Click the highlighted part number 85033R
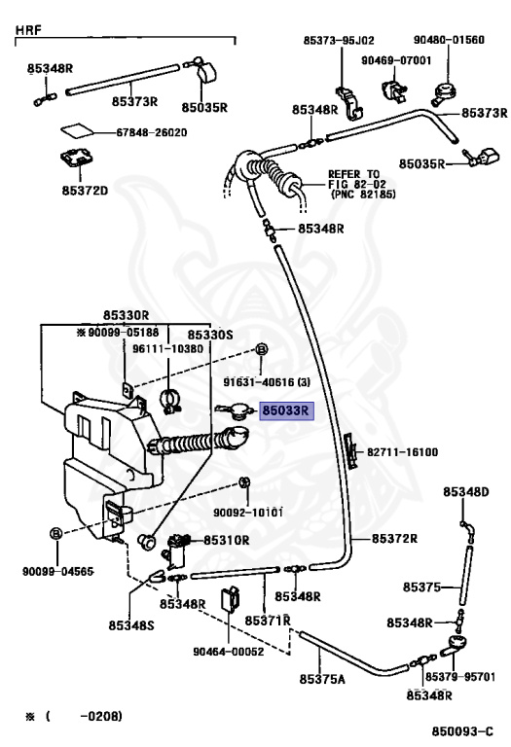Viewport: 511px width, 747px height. [286, 410]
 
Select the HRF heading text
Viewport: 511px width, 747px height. [28, 30]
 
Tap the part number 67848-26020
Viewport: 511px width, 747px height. [152, 132]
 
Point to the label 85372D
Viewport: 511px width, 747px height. [85, 191]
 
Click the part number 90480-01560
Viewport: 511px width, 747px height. [449, 40]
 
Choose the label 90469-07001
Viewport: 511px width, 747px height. [395, 60]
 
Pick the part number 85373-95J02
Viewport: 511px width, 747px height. [339, 41]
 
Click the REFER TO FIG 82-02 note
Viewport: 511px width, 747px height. [361, 184]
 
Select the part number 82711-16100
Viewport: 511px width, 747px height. [402, 451]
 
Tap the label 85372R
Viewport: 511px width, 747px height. [394, 538]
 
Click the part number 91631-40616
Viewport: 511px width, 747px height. [260, 382]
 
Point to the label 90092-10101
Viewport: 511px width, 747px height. [248, 513]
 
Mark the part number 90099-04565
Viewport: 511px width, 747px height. [57, 571]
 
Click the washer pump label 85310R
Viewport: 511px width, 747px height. [227, 540]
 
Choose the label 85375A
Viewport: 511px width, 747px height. [322, 679]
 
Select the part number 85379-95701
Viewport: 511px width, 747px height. [460, 677]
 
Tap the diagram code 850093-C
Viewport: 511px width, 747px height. [462, 731]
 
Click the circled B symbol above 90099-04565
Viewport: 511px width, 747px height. [56, 533]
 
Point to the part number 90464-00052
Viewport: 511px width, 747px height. [229, 652]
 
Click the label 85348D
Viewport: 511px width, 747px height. [465, 491]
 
